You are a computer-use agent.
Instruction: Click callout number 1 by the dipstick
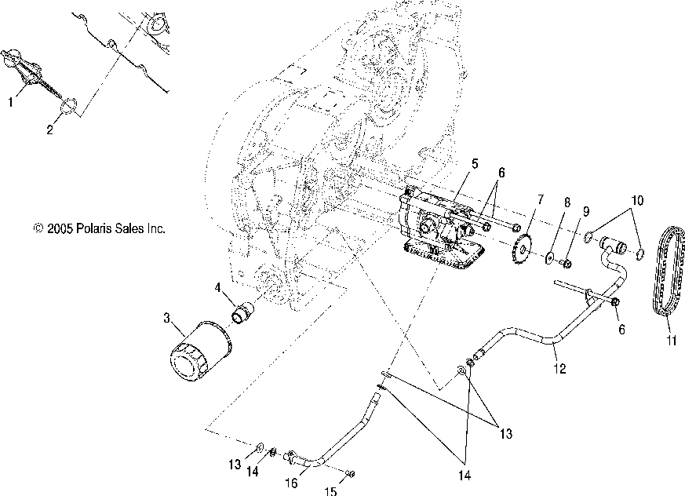point(11,102)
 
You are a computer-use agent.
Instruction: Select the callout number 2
point(49,130)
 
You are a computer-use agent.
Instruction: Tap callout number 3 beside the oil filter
point(166,318)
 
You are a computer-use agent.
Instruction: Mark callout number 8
point(567,223)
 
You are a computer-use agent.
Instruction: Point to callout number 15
point(330,491)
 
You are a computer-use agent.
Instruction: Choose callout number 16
point(290,483)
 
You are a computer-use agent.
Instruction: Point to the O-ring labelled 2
point(69,106)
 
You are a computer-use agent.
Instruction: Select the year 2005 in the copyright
point(60,229)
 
